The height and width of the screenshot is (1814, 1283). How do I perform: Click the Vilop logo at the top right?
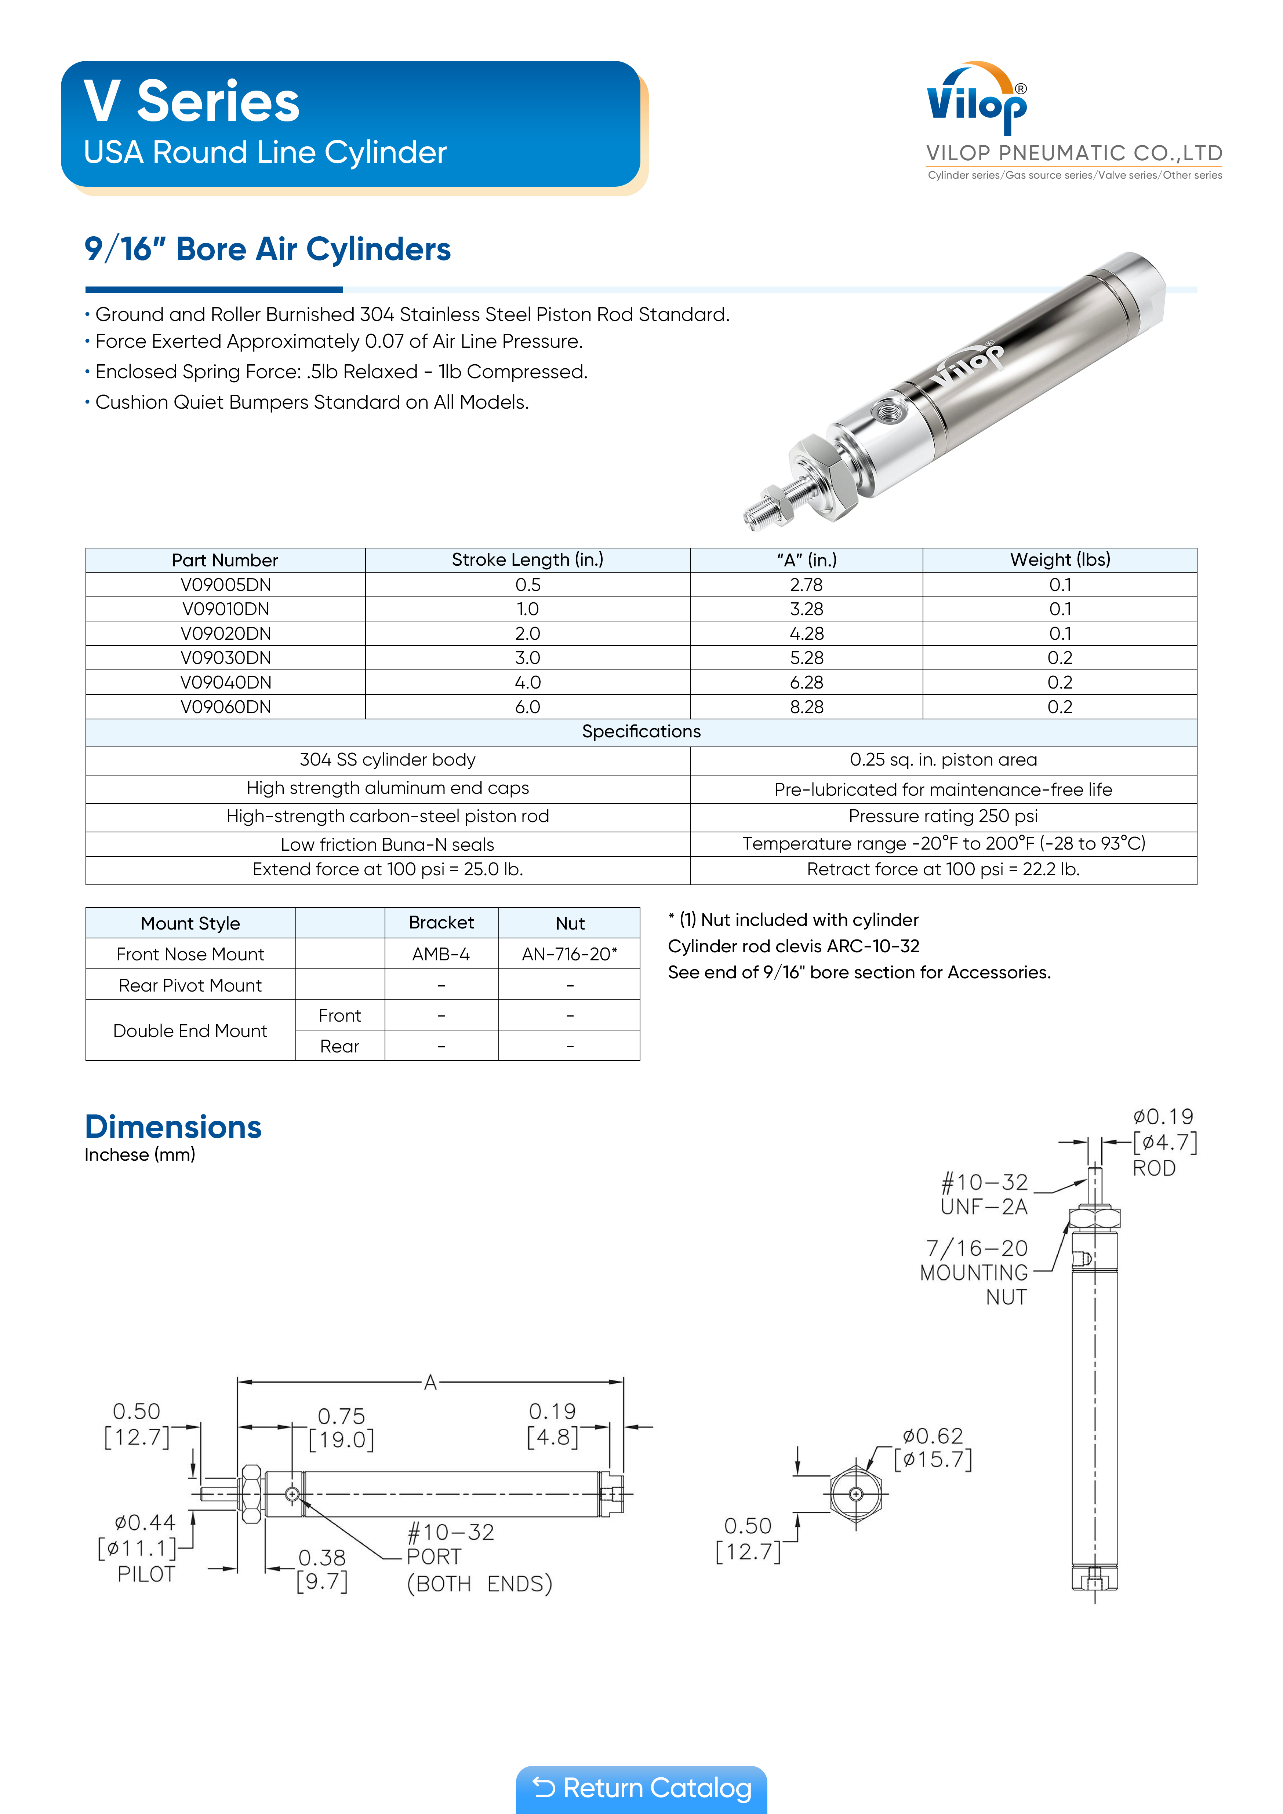pos(977,101)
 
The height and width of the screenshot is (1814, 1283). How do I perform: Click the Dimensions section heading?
pos(173,1127)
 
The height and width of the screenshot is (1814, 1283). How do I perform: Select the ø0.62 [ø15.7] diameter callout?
pos(933,1448)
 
